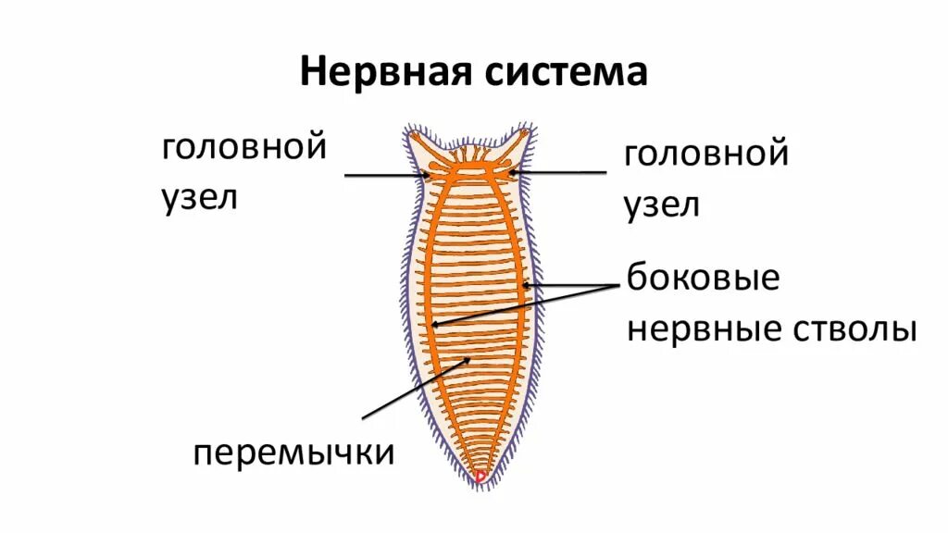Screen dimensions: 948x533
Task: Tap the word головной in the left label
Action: point(244,149)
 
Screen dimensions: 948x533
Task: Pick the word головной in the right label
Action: point(706,153)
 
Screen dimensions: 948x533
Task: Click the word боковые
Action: point(704,278)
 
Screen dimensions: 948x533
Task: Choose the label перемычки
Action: point(294,454)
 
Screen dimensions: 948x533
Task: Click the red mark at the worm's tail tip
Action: point(480,477)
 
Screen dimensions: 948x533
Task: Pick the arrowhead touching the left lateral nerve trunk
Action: point(434,324)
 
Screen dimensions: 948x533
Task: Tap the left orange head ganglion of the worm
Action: point(433,172)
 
